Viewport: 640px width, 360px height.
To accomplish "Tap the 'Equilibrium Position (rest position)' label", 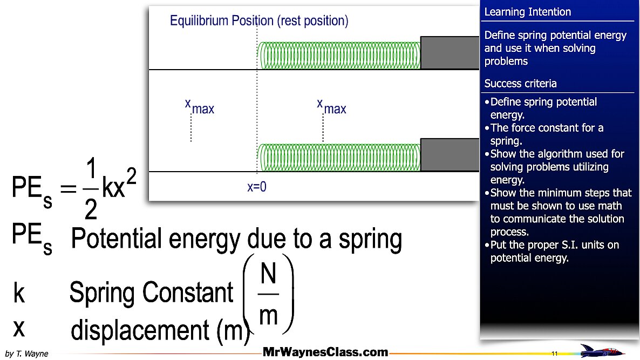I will point(259,21).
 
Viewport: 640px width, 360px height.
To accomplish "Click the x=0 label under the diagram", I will point(257,187).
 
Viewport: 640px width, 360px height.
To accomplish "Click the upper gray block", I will point(450,53).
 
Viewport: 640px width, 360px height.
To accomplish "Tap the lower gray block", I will point(450,155).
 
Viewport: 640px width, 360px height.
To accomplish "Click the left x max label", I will point(199,106).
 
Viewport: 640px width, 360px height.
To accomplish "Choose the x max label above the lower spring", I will point(331,106).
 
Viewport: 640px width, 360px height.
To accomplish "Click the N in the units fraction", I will point(268,275).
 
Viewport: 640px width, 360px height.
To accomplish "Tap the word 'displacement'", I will point(141,330).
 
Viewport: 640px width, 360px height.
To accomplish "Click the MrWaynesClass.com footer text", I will point(325,353).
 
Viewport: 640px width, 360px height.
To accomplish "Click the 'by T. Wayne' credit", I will point(26,354).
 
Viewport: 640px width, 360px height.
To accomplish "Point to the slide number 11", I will point(555,353).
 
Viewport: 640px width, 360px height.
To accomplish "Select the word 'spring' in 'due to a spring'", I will point(370,239).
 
